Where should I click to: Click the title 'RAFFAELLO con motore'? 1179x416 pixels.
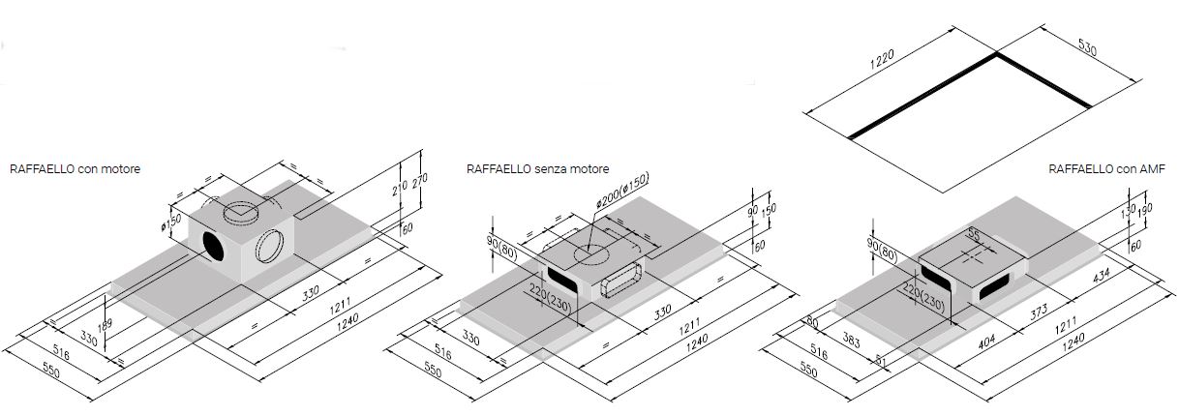point(76,168)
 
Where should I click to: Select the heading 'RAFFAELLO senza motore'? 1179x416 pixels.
point(537,168)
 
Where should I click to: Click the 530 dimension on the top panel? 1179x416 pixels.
point(1086,47)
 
